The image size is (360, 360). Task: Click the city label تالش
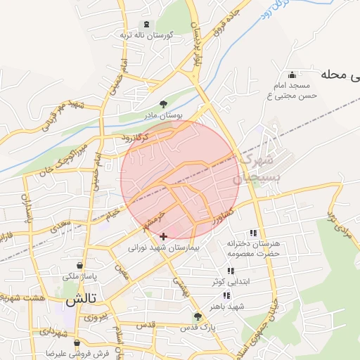point(81,300)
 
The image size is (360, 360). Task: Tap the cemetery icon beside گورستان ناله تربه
point(146,24)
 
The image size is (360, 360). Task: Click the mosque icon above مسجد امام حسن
point(292,75)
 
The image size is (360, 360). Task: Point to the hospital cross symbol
point(164,237)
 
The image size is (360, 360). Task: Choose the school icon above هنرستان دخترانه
point(252,233)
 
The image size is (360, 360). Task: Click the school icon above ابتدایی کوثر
point(230,271)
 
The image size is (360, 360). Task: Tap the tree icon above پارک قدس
point(198,316)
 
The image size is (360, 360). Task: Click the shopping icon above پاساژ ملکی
point(79,266)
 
